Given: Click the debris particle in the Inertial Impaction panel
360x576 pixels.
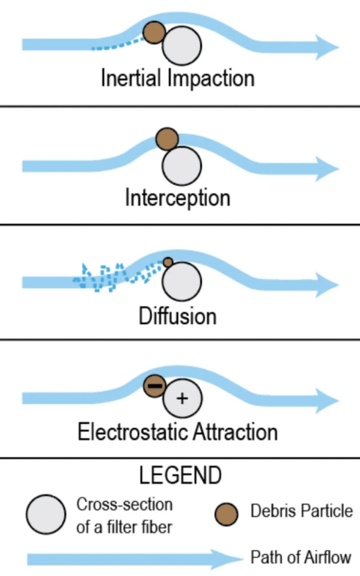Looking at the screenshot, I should tap(154, 33).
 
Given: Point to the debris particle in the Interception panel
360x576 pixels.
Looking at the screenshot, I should tap(167, 139).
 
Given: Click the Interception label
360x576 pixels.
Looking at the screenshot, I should tap(177, 198).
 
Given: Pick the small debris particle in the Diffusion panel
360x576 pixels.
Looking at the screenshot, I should tap(168, 262).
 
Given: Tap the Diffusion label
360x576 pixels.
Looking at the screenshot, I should tap(177, 316).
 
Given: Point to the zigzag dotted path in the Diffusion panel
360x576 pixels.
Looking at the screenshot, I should tap(108, 278).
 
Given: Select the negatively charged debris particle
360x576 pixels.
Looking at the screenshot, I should tap(155, 386).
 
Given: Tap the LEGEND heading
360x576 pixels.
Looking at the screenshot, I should tap(180, 475).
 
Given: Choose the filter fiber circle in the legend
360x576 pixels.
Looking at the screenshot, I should tap(46, 514).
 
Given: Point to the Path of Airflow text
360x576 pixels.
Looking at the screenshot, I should tap(301, 557).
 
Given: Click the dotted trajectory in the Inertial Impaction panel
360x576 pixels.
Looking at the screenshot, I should tap(117, 46).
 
